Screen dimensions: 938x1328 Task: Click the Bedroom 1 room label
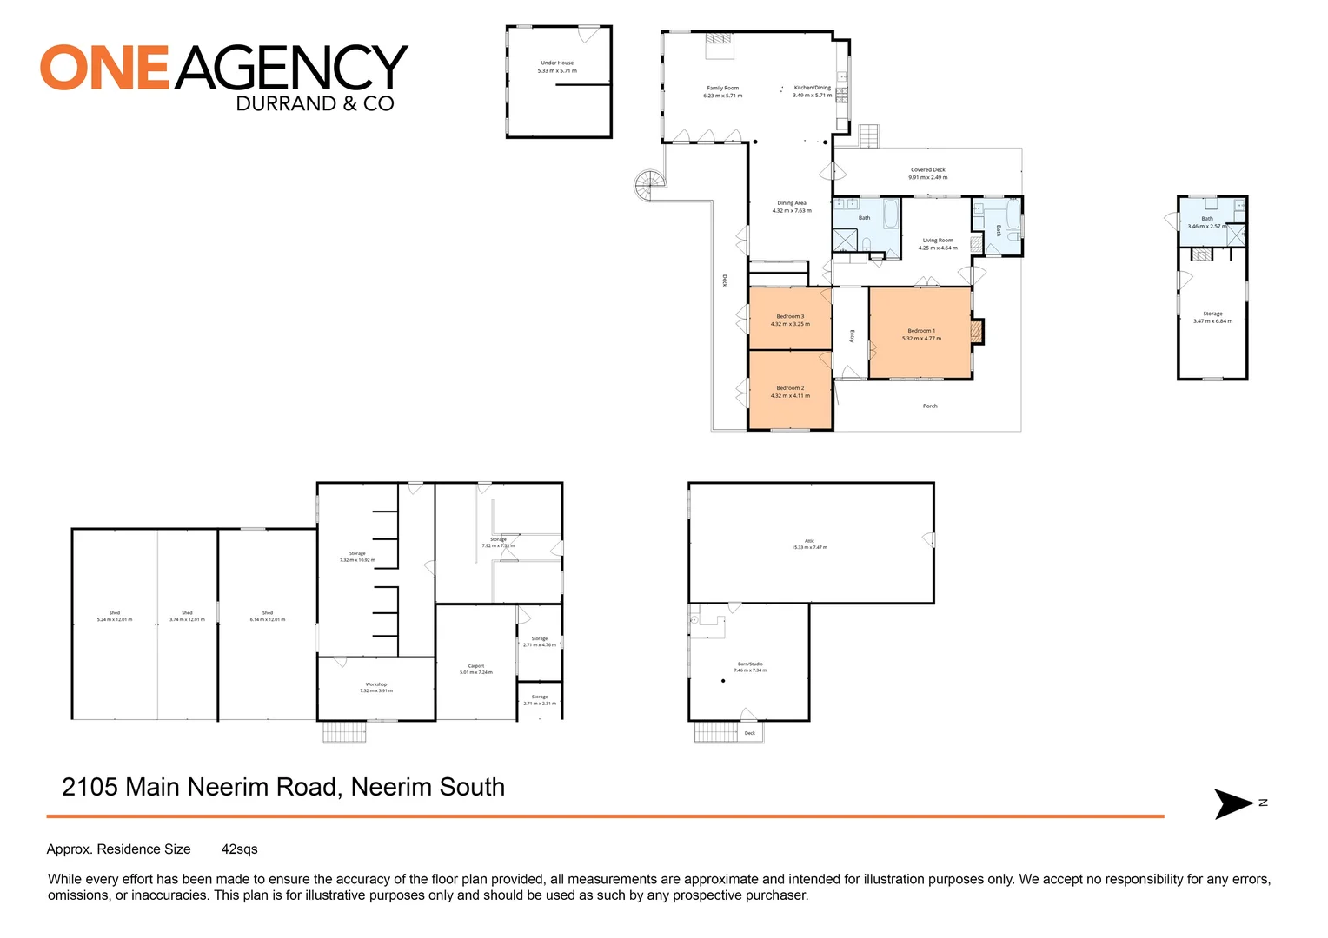921,331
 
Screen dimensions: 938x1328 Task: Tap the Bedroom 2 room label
790,388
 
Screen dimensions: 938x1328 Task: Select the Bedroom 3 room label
790,316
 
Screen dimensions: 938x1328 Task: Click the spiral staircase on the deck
649,184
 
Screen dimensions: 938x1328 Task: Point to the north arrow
1234,803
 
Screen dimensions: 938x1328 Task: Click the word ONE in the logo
104,68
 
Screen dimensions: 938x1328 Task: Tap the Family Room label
722,88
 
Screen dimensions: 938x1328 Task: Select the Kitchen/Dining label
812,88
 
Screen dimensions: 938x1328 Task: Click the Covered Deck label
927,170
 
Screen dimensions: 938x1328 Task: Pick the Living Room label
938,241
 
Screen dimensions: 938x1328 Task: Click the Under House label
557,63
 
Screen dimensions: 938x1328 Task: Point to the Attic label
809,541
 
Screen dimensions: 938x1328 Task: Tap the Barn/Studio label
750,664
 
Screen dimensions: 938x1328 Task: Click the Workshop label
376,684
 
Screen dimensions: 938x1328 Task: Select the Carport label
476,666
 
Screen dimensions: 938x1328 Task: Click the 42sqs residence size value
239,849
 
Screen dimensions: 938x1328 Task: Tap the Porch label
930,406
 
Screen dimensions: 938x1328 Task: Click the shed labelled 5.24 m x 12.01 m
115,616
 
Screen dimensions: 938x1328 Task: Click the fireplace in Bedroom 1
977,332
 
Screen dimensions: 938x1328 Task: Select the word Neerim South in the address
428,787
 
